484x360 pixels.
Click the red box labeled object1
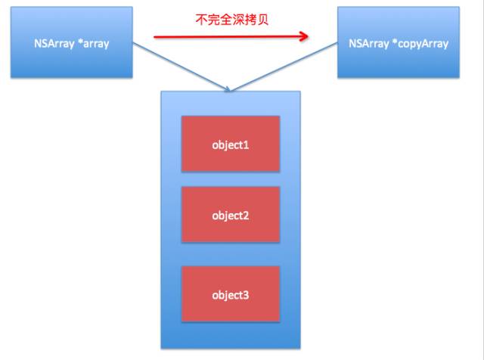pos(230,144)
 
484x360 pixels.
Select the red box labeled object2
pos(230,215)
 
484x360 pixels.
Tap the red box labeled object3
pos(230,294)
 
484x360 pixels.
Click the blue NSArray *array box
pos(72,43)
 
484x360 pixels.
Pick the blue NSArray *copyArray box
pos(399,44)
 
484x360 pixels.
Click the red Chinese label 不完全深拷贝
pos(231,19)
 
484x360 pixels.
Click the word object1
pos(231,144)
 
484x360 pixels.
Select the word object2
pos(231,216)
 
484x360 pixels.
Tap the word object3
pos(231,294)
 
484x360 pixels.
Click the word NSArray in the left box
pos(59,44)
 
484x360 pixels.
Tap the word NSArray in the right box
pos(368,44)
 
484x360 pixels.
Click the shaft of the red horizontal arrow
pos(227,35)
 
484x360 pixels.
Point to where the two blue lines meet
pos(228,91)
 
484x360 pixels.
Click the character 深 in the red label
pos(238,19)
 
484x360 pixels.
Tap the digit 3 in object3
pos(247,294)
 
